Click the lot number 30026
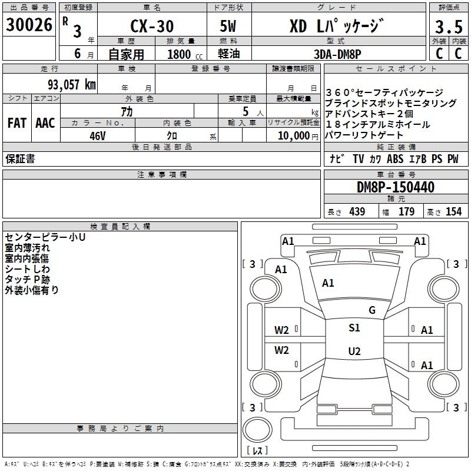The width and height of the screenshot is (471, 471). tap(29, 25)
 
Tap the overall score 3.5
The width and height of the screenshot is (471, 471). tap(448, 27)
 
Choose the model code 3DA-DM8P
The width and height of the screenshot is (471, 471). tap(338, 54)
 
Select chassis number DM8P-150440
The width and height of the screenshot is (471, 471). tap(396, 188)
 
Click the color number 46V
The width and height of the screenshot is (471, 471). tap(98, 135)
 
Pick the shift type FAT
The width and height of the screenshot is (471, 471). tap(17, 122)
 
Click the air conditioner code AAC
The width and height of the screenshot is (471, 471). tap(45, 122)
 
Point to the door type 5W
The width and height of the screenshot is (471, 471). tap(230, 27)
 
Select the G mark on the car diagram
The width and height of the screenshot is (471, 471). tap(372, 310)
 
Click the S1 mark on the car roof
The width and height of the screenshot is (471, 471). tap(354, 328)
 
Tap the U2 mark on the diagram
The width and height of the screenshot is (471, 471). tap(354, 351)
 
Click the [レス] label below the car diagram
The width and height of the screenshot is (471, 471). tap(257, 451)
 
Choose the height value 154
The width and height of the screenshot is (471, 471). tap(453, 212)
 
